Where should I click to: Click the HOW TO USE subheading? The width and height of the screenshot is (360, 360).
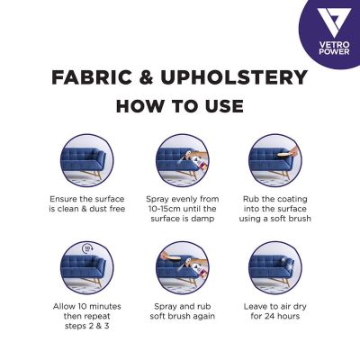pos(180,105)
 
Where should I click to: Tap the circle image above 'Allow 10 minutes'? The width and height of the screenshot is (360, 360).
pos(86,267)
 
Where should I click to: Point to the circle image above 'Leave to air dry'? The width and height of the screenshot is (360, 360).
pos(274,267)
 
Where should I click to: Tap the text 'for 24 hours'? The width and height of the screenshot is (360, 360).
pos(274,318)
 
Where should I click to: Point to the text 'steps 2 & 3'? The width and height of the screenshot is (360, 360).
pos(86,328)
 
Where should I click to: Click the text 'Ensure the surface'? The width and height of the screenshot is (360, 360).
pos(86,197)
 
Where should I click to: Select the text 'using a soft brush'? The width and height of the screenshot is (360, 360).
pos(274,218)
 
